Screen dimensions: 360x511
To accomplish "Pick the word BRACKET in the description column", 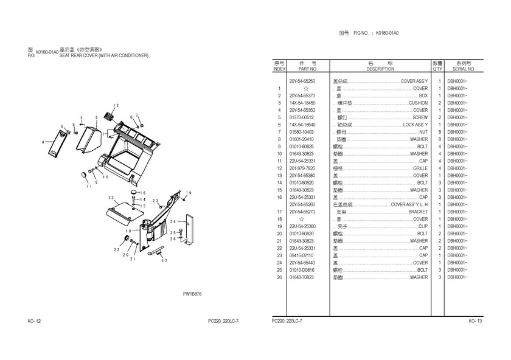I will coord(418,212).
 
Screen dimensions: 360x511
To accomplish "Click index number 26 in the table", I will coord(279,277).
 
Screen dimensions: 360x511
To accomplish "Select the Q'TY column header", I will coord(437,69).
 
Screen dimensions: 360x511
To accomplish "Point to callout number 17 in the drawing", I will coord(164,260).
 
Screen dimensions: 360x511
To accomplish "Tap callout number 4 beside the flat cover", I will coord(43,142).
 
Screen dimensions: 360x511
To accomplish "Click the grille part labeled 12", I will coord(110,115).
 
